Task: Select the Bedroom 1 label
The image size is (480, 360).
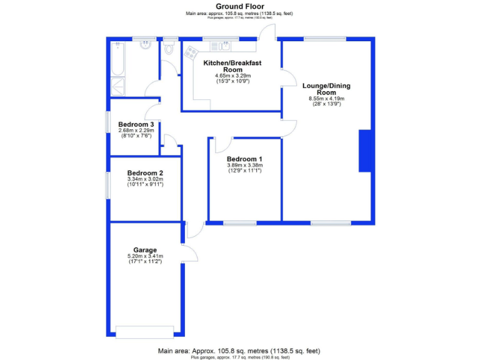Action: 244,159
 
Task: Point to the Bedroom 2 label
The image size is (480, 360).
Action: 145,173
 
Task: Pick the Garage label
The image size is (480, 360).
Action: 145,250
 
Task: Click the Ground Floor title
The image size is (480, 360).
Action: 239,7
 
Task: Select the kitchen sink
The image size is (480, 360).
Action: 223,46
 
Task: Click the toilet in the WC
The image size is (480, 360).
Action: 169,49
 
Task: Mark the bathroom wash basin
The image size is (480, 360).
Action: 146,45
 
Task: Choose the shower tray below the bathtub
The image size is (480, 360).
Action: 117,86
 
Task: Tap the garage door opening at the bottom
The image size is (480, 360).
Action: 145,331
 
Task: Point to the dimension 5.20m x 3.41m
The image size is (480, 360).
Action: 145,256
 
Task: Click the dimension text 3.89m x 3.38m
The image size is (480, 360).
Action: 244,165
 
